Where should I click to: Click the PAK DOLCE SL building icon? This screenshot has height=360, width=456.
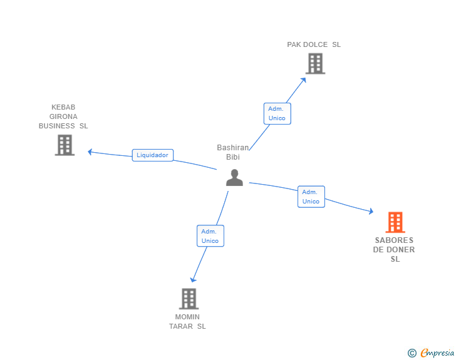pyautogui.click(x=315, y=63)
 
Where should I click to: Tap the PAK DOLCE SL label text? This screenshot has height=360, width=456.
pyautogui.click(x=314, y=45)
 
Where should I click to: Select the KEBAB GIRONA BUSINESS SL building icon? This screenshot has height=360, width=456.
pyautogui.click(x=65, y=145)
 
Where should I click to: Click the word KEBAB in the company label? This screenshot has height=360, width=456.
pyautogui.click(x=63, y=107)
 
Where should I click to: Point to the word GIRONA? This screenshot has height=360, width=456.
pyautogui.click(x=63, y=116)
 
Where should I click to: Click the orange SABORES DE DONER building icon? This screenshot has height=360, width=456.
pyautogui.click(x=395, y=222)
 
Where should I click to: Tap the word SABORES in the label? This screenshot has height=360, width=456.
pyautogui.click(x=394, y=240)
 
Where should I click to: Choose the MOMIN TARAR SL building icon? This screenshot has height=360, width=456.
pyautogui.click(x=188, y=299)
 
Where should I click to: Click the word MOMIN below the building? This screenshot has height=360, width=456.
pyautogui.click(x=187, y=317)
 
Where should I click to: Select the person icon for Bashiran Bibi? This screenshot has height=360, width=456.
pyautogui.click(x=234, y=178)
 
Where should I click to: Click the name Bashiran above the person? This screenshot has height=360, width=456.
pyautogui.click(x=233, y=148)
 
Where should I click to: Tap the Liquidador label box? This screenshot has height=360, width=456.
pyautogui.click(x=152, y=155)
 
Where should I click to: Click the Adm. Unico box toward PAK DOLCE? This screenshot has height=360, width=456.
pyautogui.click(x=276, y=113)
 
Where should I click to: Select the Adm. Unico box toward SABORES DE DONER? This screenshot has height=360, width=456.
pyautogui.click(x=311, y=197)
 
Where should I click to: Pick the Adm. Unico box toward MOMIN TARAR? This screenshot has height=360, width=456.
pyautogui.click(x=210, y=236)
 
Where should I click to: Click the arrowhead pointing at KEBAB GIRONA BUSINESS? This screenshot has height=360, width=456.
pyautogui.click(x=90, y=152)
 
